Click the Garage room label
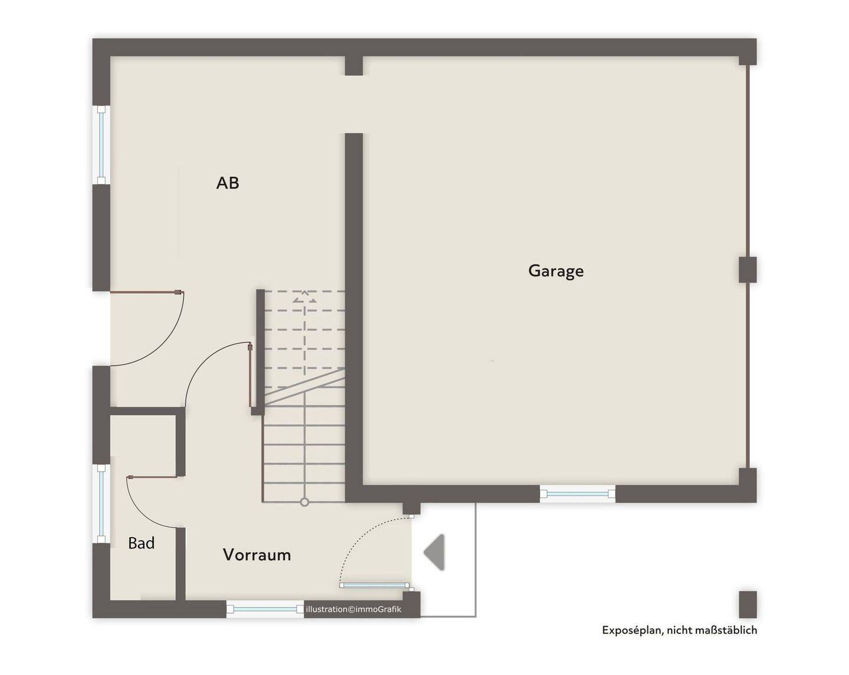click(555, 271)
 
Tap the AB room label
click(228, 183)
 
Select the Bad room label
click(141, 543)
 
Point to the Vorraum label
click(256, 555)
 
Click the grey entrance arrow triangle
click(435, 552)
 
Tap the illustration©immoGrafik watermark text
click(353, 609)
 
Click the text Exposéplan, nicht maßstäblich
click(679, 630)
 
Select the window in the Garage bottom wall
click(577, 494)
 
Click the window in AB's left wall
click(101, 144)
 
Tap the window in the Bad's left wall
click(101, 503)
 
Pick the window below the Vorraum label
click(265, 609)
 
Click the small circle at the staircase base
click(304, 502)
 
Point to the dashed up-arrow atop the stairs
click(304, 297)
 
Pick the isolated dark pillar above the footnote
click(748, 604)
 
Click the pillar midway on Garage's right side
click(748, 269)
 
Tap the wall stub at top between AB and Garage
click(354, 65)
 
